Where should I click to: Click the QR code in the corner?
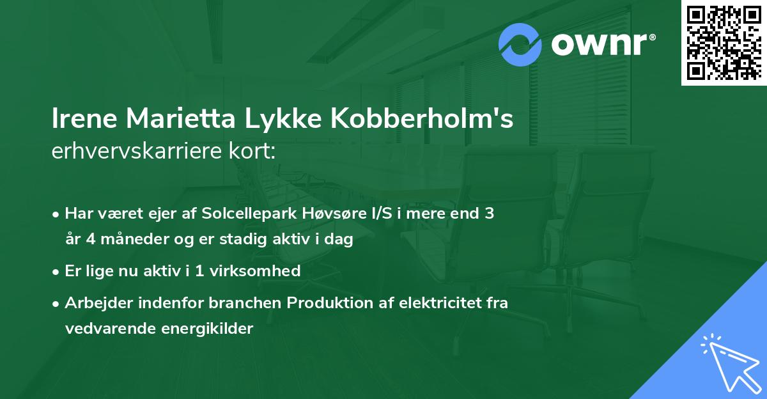coord(724,42)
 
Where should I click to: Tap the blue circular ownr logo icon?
coord(521,44)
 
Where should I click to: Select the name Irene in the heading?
coord(85,120)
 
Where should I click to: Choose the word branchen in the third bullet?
coord(250,302)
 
